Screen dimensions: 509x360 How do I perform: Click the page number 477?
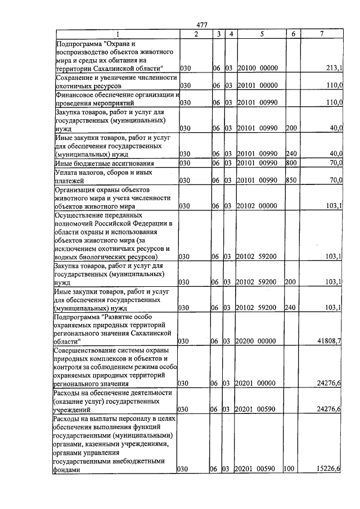click(202, 25)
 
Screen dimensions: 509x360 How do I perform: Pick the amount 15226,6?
click(329, 470)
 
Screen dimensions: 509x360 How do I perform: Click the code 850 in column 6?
click(291, 181)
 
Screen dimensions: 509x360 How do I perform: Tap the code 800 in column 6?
click(291, 163)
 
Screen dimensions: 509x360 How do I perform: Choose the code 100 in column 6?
click(290, 470)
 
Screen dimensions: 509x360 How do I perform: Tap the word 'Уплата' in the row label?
click(66, 172)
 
